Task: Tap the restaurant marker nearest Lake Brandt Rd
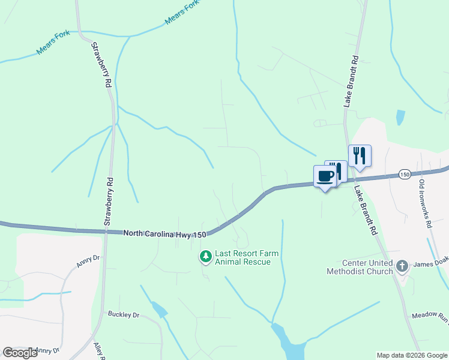(x=360, y=156)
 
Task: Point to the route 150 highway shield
(x=405, y=174)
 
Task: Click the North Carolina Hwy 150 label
(x=165, y=234)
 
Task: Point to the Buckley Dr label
(x=124, y=314)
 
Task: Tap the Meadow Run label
(x=430, y=316)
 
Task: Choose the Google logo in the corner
(x=20, y=353)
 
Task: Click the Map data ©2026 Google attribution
(x=412, y=355)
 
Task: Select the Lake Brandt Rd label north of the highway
(x=351, y=82)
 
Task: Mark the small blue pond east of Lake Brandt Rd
(x=400, y=117)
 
